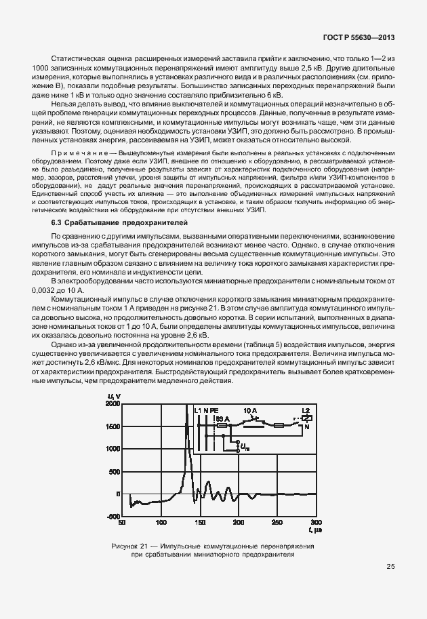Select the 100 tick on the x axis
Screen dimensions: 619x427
tap(161, 523)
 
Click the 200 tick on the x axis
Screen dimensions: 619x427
tap(239, 523)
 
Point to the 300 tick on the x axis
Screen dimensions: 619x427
tap(316, 523)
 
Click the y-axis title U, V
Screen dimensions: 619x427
tap(113, 396)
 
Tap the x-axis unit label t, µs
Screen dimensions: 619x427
tap(312, 530)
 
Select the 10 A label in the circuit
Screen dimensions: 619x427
tap(249, 411)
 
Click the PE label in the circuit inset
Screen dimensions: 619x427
tap(214, 411)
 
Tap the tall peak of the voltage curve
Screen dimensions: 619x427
tap(186, 407)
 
